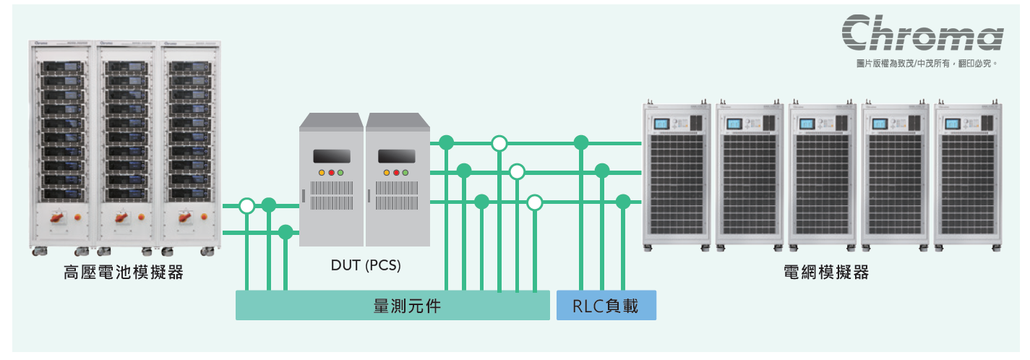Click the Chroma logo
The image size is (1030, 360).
[922, 33]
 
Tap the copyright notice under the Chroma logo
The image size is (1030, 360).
[927, 64]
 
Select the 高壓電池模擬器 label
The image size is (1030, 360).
[123, 273]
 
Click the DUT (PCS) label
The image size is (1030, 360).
[366, 265]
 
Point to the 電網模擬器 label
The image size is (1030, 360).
[825, 273]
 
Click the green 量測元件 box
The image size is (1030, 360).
[392, 306]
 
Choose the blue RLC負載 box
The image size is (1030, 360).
[606, 306]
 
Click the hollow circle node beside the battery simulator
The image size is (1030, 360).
[247, 206]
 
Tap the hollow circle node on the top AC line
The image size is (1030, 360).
[499, 143]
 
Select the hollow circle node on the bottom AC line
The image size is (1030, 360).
[535, 202]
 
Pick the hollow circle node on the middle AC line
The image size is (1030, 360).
[517, 172]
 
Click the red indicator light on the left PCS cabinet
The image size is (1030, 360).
[331, 173]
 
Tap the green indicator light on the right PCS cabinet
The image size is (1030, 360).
[405, 173]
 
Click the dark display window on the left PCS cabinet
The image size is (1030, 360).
[331, 155]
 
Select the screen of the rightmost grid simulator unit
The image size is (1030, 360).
[952, 124]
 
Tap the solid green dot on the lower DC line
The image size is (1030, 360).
[286, 232]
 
